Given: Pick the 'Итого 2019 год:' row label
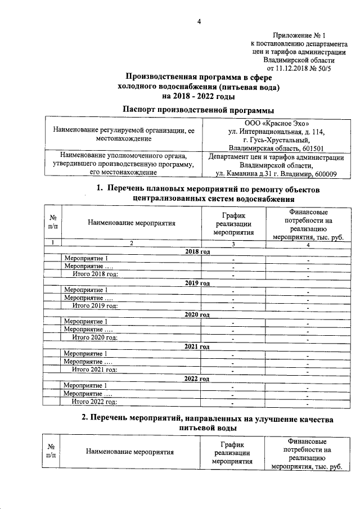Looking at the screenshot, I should pos(94,305).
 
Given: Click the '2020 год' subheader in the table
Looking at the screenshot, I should pos(197,314).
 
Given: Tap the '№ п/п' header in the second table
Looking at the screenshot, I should pos(52,451).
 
